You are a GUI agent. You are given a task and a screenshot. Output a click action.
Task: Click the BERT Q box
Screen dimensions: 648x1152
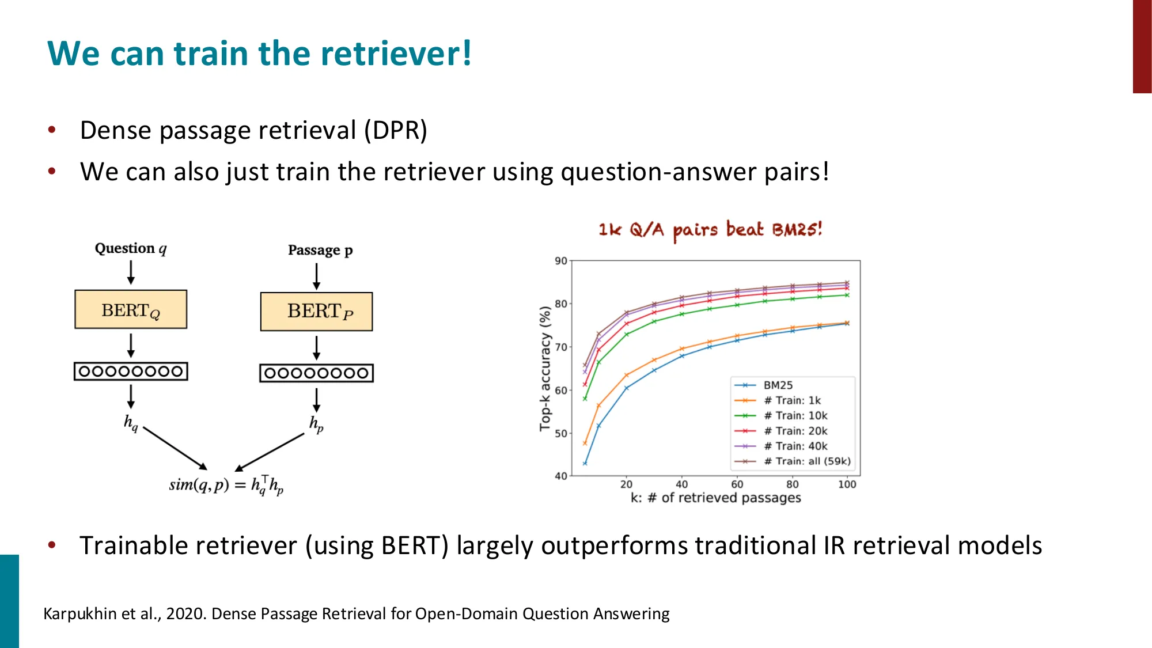coord(131,309)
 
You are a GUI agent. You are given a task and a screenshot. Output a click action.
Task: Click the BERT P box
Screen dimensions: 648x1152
coord(316,312)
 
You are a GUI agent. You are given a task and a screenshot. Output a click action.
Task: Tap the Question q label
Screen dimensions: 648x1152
coord(131,248)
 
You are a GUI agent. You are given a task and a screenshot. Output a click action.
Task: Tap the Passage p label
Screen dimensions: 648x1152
coord(320,250)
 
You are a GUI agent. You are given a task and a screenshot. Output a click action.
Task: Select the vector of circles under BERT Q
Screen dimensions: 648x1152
coord(131,372)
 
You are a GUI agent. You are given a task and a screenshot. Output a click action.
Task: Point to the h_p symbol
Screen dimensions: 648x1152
coord(316,424)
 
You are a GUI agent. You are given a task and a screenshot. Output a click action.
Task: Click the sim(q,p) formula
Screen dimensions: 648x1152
coord(226,485)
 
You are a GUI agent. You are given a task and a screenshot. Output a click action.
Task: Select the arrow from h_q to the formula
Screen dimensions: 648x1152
coord(175,448)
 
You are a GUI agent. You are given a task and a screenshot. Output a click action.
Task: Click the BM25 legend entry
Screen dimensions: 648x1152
coord(778,385)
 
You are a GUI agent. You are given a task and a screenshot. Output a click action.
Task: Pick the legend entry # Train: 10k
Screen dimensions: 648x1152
coord(795,416)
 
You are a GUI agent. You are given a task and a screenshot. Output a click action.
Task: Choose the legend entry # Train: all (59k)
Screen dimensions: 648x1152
coord(806,461)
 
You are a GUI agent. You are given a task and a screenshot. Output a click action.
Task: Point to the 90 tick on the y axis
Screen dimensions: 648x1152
coord(560,261)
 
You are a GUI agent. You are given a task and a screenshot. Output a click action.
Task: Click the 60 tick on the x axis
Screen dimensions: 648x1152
coord(737,484)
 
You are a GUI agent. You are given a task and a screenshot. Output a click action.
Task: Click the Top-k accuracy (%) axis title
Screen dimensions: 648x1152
coord(545,369)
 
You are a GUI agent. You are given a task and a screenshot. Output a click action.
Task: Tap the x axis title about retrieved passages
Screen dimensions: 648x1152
coord(715,498)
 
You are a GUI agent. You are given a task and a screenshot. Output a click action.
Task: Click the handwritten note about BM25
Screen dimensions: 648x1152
coord(710,230)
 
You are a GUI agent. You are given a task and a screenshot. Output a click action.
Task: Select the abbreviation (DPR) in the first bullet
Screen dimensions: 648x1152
coord(395,130)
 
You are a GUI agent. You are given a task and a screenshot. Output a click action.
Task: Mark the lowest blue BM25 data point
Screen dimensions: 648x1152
coord(585,463)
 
